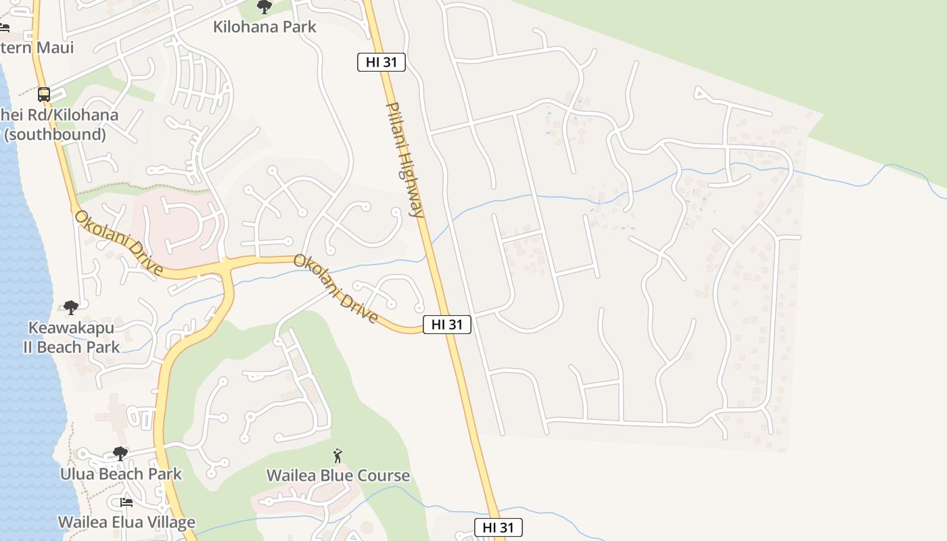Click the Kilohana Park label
click(x=264, y=27)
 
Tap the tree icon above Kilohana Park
click(x=264, y=7)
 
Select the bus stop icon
click(x=44, y=95)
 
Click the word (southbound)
click(x=55, y=134)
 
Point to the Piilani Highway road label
click(x=405, y=160)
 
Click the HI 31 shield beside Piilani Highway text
click(x=382, y=62)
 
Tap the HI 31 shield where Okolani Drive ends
click(x=446, y=325)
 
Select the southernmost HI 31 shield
click(x=499, y=527)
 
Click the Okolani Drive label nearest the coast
click(x=118, y=243)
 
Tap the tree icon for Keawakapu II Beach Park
click(x=71, y=308)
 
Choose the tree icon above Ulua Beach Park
click(x=120, y=454)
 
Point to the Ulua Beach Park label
click(x=121, y=473)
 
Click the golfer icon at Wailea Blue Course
click(x=338, y=456)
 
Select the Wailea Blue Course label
click(x=338, y=475)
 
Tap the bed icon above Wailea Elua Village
click(x=126, y=502)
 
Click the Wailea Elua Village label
click(x=126, y=522)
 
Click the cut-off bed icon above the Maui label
click(x=4, y=28)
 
